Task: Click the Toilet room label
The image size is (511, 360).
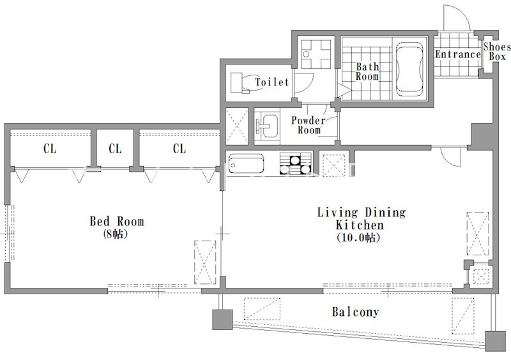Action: [272, 82]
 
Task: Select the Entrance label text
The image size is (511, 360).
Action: [458, 54]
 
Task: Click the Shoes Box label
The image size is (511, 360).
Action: [496, 52]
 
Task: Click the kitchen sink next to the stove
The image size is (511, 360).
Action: [246, 163]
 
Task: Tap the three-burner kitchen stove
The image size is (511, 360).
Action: [295, 163]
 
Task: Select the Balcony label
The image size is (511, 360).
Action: [355, 311]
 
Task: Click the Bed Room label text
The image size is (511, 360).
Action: [117, 221]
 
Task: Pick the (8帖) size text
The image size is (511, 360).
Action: [115, 234]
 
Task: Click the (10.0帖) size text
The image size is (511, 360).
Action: [358, 237]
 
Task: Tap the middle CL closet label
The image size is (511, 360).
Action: [115, 149]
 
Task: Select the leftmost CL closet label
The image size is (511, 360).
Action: [50, 149]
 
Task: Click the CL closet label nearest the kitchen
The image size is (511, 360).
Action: [179, 149]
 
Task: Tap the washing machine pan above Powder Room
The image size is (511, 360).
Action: [316, 54]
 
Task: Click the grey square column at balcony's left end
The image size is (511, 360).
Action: [222, 320]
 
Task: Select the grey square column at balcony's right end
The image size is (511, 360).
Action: [496, 341]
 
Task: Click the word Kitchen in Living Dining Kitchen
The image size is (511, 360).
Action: [360, 225]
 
